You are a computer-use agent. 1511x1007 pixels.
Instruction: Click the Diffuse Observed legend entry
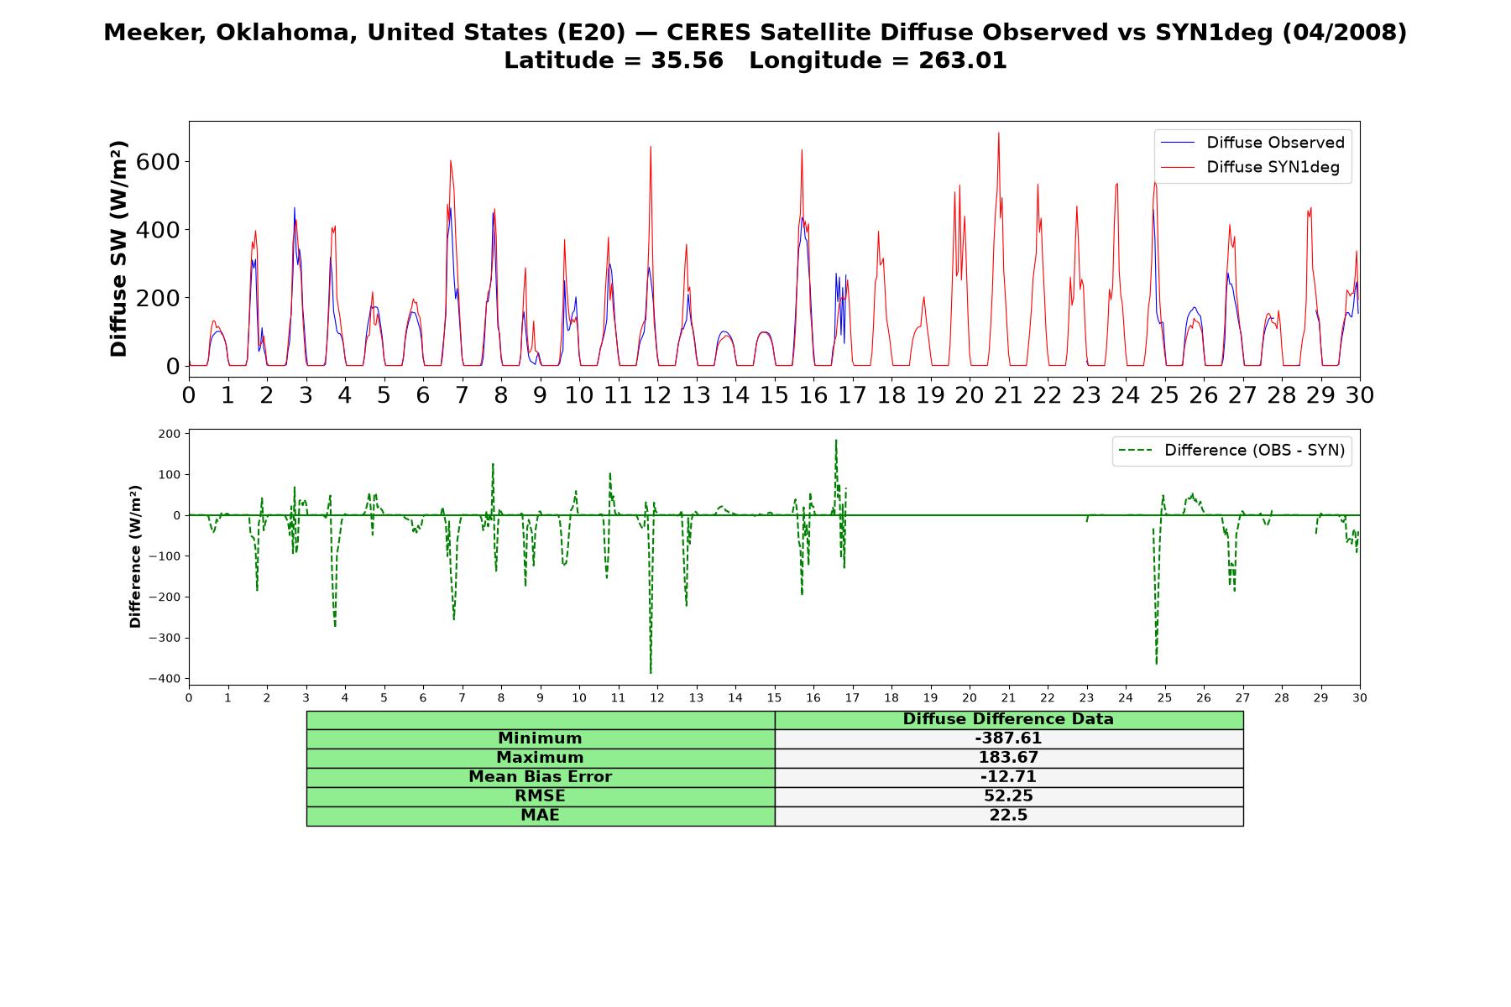click(x=1252, y=143)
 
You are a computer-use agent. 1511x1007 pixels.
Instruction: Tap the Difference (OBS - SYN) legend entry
click(x=1231, y=451)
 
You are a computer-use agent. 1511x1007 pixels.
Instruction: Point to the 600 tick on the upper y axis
click(x=158, y=161)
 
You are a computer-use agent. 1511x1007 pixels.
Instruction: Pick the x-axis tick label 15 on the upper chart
click(x=774, y=394)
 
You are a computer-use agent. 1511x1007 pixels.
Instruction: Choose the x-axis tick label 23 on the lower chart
click(x=1086, y=698)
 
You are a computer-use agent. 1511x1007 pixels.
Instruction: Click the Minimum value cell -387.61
click(x=1008, y=738)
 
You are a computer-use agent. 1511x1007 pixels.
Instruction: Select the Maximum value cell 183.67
click(x=1008, y=758)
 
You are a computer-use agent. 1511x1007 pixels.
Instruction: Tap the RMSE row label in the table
click(x=540, y=796)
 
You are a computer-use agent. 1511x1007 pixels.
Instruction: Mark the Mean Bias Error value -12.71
click(x=1008, y=777)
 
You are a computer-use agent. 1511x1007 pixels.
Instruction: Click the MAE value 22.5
click(x=1008, y=816)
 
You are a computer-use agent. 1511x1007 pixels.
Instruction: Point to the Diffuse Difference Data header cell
click(x=1008, y=719)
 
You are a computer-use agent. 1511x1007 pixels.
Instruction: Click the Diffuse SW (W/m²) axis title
click(x=118, y=249)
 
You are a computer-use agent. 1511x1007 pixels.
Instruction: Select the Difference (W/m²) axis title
click(x=135, y=557)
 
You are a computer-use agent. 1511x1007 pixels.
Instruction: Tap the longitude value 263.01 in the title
click(x=965, y=60)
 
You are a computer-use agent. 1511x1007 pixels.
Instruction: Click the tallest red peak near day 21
click(x=998, y=133)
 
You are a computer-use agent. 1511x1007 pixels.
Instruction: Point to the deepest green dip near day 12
click(x=651, y=672)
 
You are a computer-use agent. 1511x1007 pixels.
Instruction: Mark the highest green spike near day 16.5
click(x=836, y=441)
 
